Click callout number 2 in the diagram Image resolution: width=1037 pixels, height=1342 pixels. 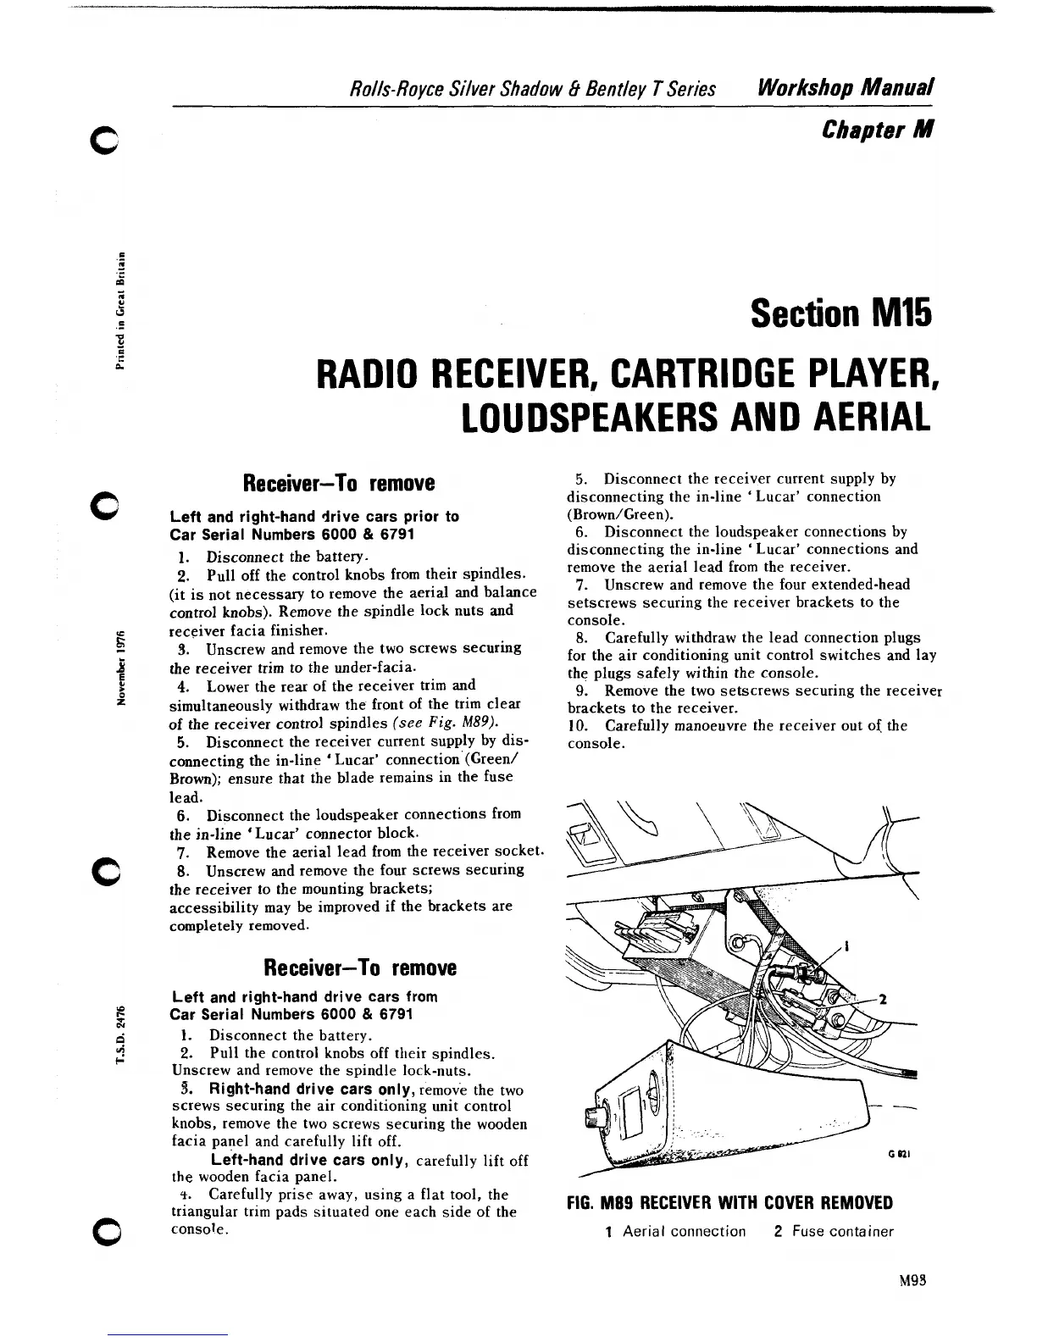tap(882, 999)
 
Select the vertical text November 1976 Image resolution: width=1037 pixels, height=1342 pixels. tap(121, 667)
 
